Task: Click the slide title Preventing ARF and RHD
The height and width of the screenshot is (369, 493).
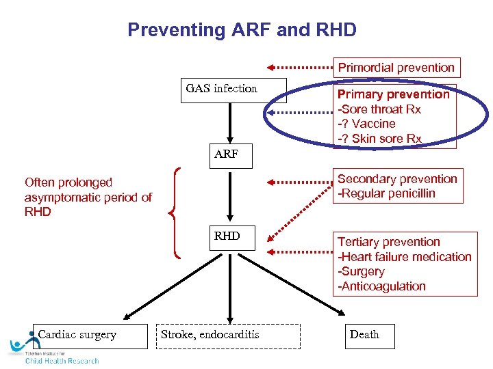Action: (x=242, y=30)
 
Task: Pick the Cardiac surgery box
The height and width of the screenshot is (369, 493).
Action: (x=89, y=336)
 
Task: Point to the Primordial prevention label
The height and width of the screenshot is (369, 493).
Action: (x=396, y=68)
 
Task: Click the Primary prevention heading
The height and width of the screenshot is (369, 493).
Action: (x=393, y=94)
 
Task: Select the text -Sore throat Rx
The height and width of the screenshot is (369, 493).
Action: (x=379, y=109)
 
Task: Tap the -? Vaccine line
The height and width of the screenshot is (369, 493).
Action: (x=366, y=124)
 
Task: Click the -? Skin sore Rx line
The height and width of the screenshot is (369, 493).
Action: (x=379, y=139)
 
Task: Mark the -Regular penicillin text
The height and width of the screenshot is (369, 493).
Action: (x=386, y=193)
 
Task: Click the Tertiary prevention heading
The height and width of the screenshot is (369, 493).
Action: (x=388, y=242)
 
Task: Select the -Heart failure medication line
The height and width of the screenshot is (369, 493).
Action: (x=404, y=257)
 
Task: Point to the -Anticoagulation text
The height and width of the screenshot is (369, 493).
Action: (x=381, y=286)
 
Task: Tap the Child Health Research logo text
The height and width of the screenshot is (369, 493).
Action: (x=62, y=360)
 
